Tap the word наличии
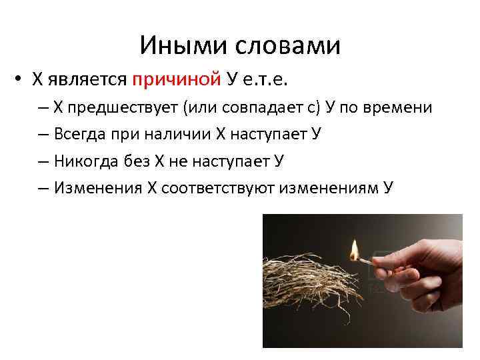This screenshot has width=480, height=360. (x=177, y=134)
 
